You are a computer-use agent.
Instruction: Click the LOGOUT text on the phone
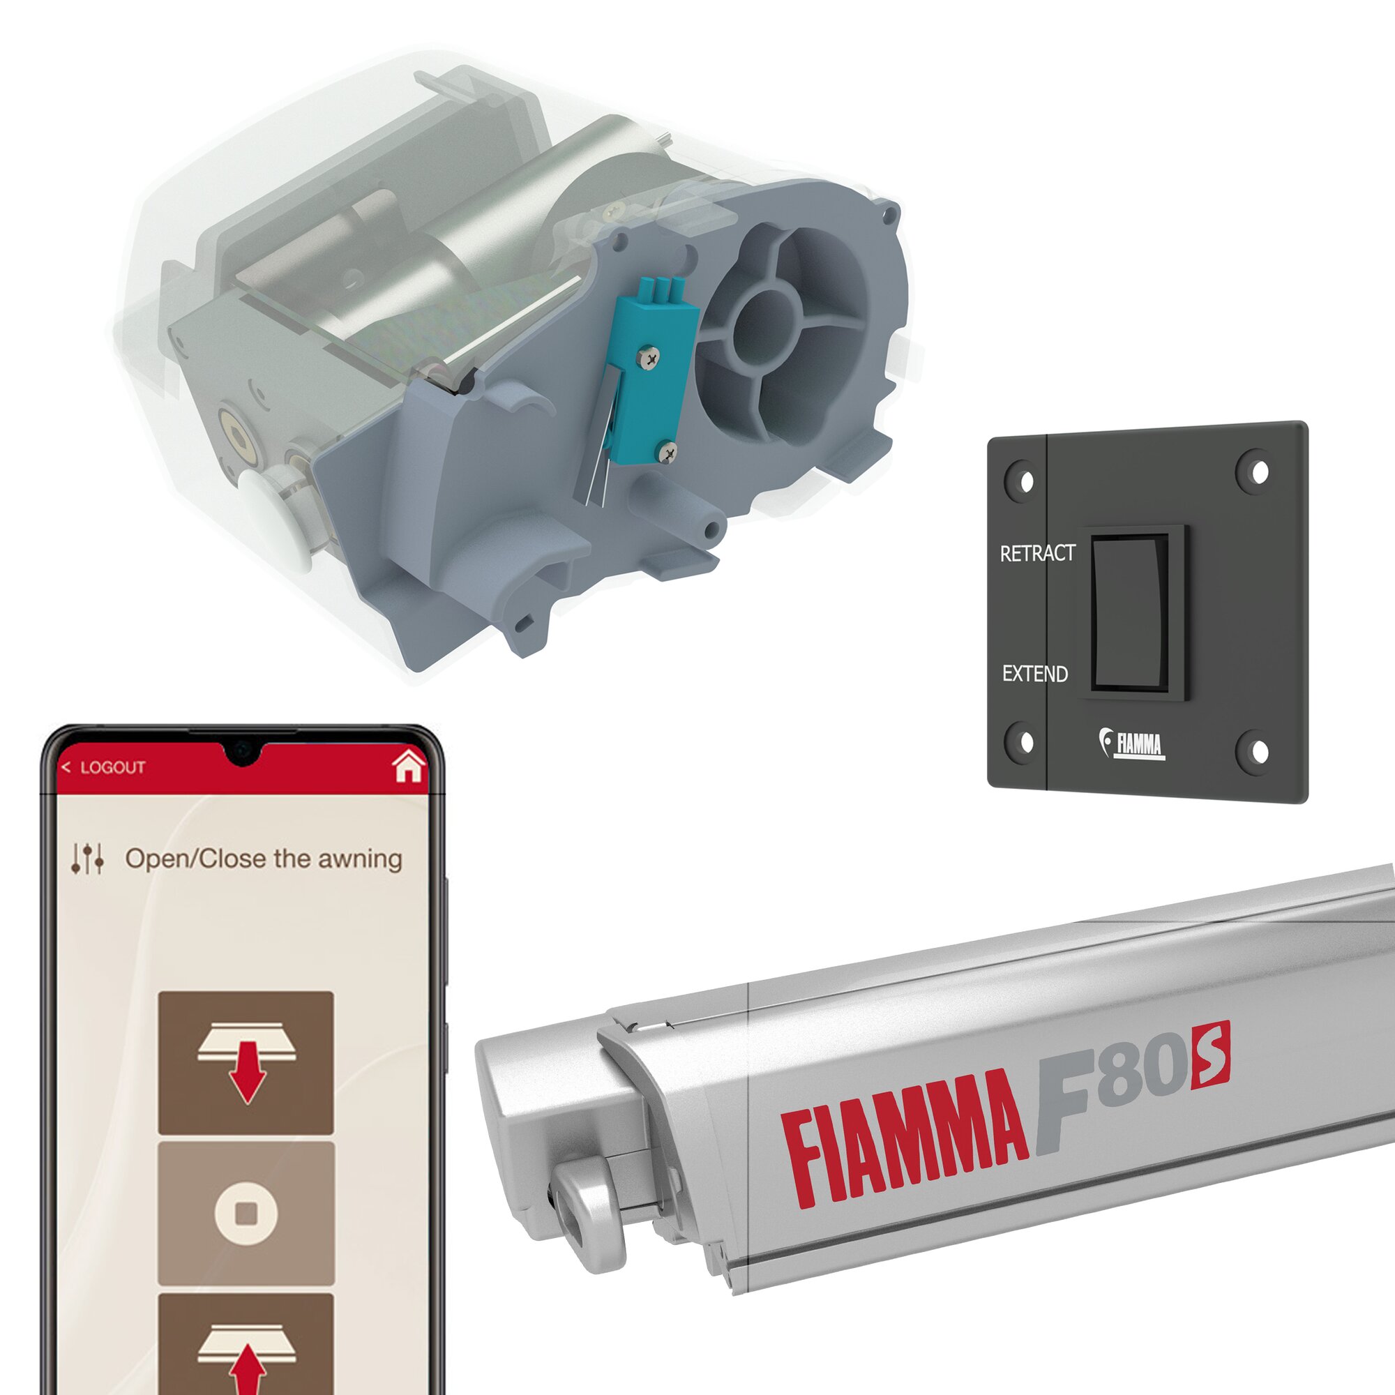tap(112, 767)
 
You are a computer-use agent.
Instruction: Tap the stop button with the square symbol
tap(246, 1213)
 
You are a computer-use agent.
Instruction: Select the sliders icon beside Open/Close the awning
tap(87, 859)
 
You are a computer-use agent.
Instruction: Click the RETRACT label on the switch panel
tap(1038, 554)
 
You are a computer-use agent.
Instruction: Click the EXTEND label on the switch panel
tap(1034, 674)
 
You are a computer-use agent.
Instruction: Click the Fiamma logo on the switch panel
tap(1131, 744)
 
